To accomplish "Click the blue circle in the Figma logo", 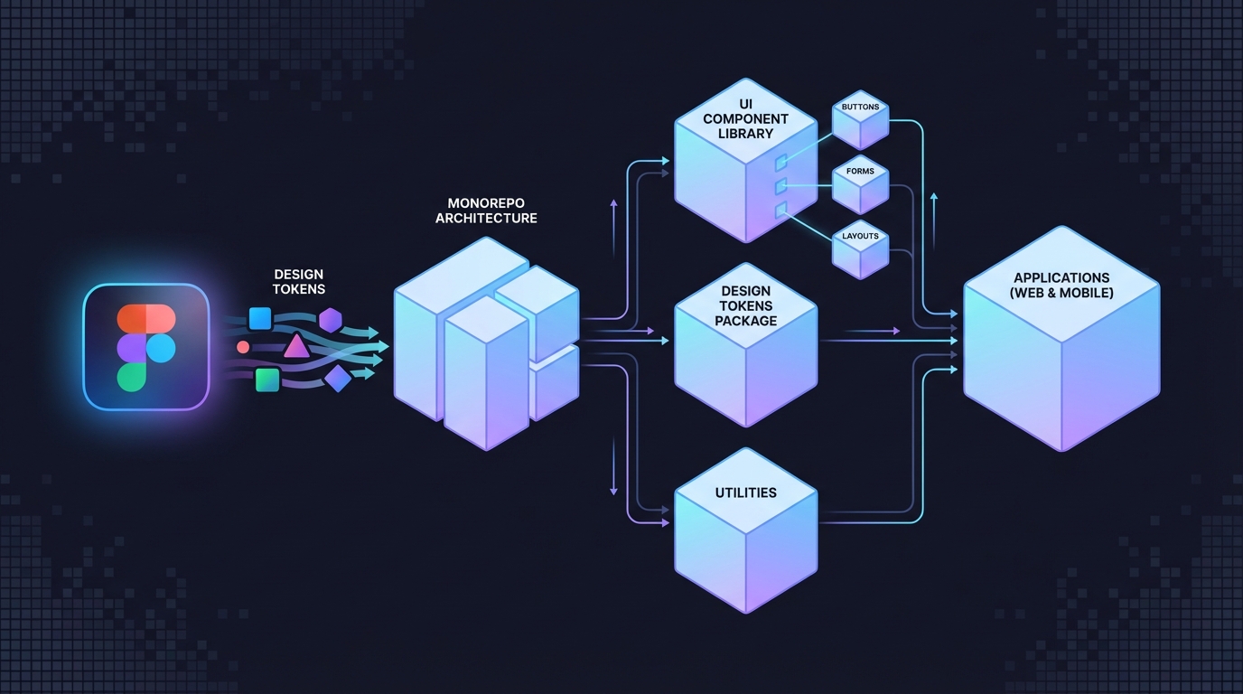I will pos(161,347).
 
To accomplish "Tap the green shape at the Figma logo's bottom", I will pos(132,377).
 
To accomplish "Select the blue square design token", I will pos(260,318).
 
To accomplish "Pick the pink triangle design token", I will pos(295,346).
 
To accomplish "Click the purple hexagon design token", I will pos(331,320).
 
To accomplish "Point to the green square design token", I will pos(266,380).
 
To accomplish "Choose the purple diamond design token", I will pos(337,379).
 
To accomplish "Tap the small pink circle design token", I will pos(243,347).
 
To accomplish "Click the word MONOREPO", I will pos(486,203).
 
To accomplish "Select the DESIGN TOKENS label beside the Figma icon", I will pos(298,281).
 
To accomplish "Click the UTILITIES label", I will pos(745,492).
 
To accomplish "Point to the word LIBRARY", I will pos(745,134).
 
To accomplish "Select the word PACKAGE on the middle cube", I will pos(745,321).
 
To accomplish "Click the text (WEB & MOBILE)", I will pos(1061,293).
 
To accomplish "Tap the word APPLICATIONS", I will pos(1061,277).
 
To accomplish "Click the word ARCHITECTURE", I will pos(486,218).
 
